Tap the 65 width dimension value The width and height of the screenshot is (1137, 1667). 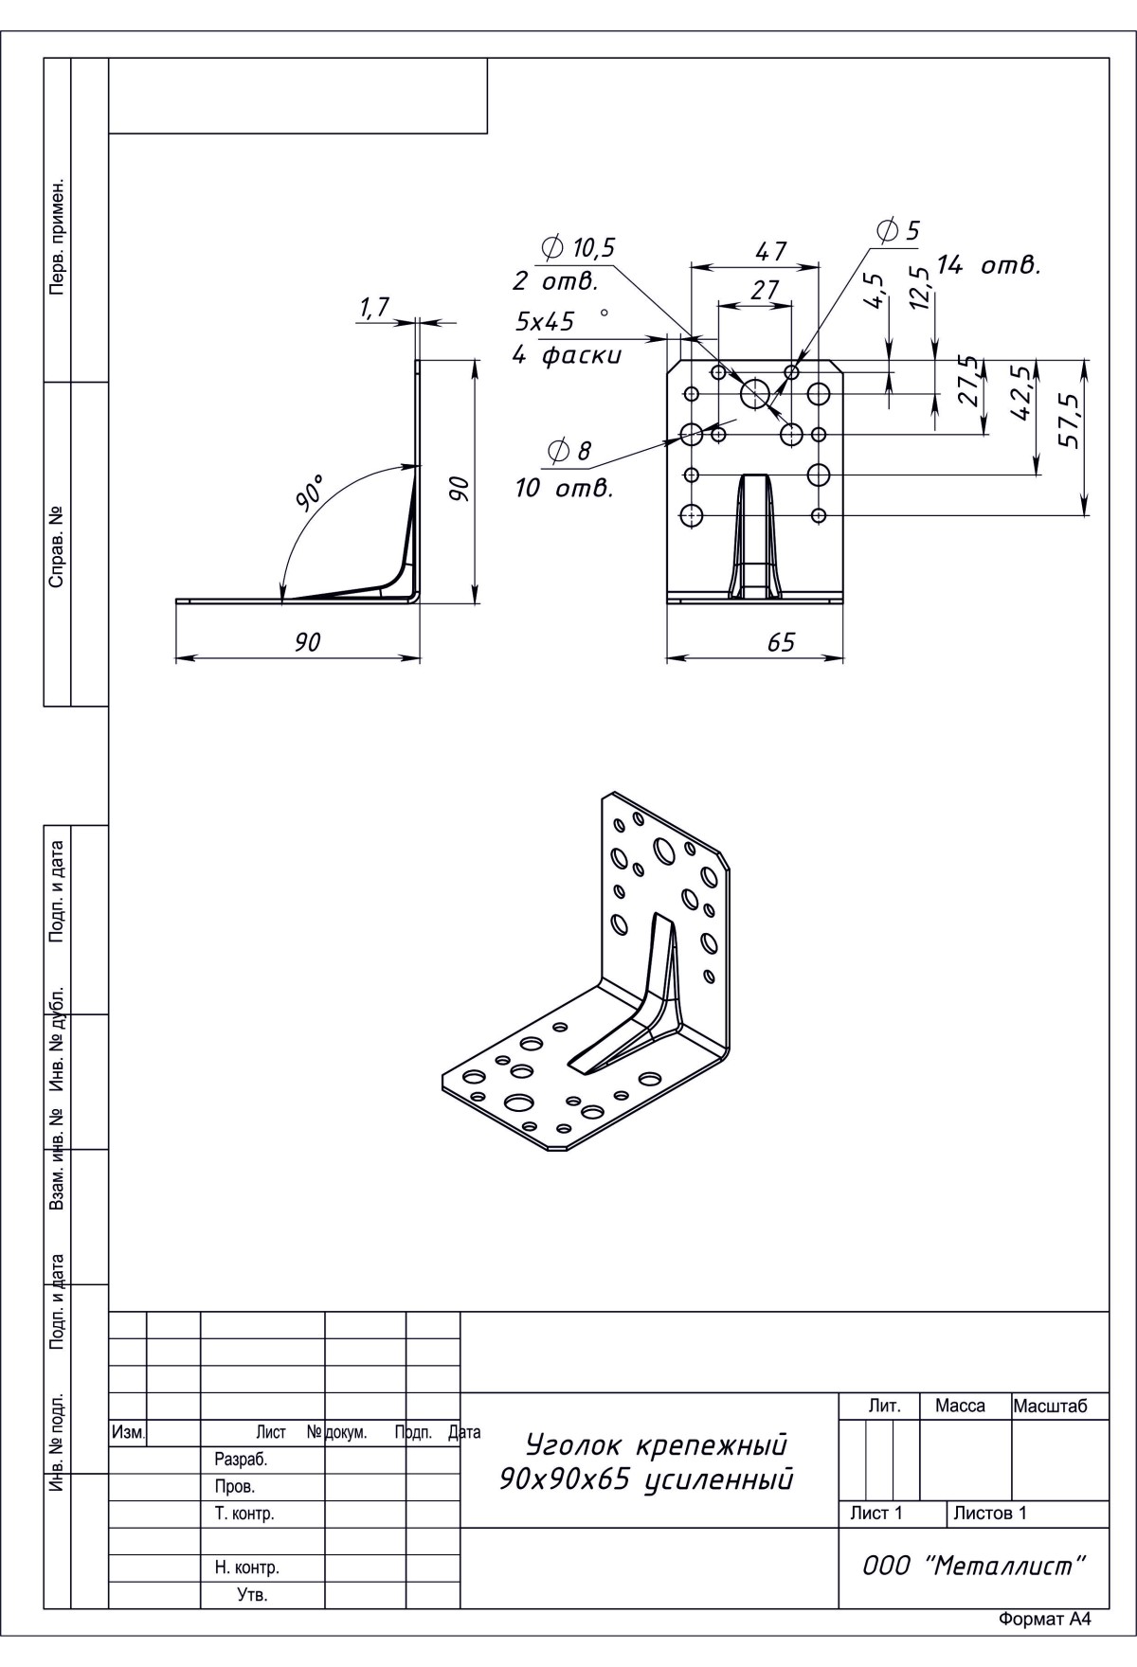[781, 642]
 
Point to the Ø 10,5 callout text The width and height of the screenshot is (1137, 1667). [579, 248]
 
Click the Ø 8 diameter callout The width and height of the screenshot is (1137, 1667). [569, 452]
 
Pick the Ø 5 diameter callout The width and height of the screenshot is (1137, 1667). [899, 230]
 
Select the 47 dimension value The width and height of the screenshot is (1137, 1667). [770, 252]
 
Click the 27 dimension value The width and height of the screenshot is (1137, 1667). [764, 290]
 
